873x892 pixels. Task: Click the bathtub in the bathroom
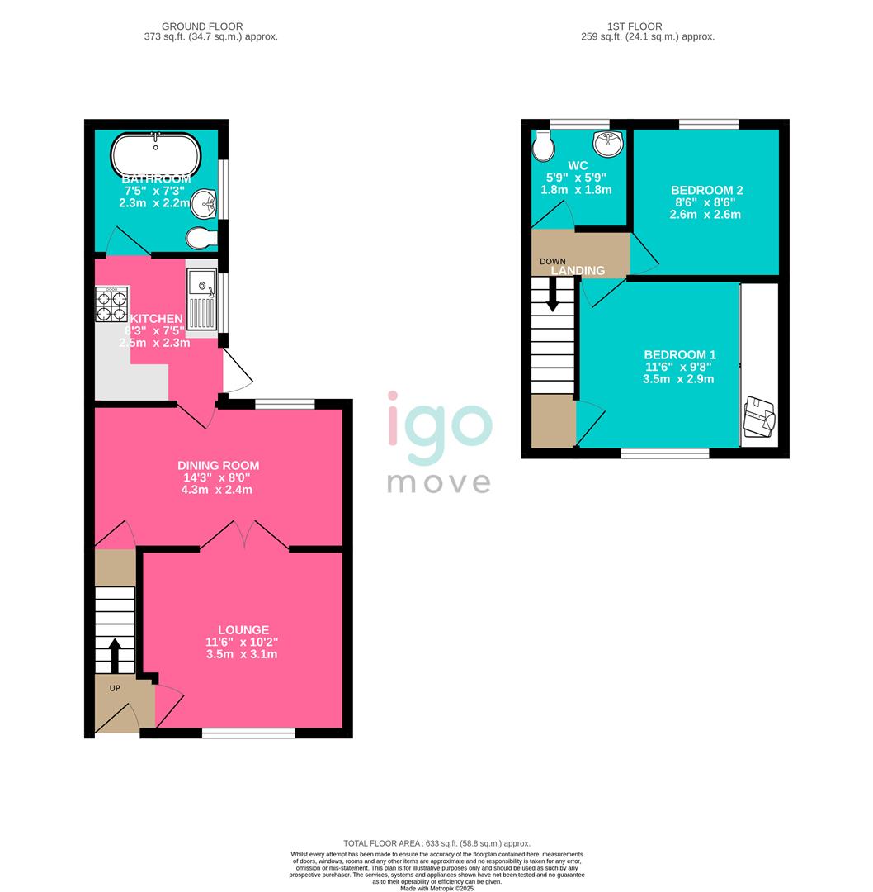click(155, 153)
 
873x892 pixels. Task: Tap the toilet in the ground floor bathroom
click(201, 239)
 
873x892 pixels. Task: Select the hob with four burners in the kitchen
click(112, 304)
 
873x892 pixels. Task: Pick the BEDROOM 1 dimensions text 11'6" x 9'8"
click(679, 367)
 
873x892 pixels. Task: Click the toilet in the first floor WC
click(544, 147)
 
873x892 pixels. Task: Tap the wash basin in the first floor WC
click(608, 144)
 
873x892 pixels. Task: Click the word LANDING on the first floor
click(578, 271)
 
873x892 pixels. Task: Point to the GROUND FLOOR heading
click(202, 26)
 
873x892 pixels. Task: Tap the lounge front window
click(248, 733)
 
